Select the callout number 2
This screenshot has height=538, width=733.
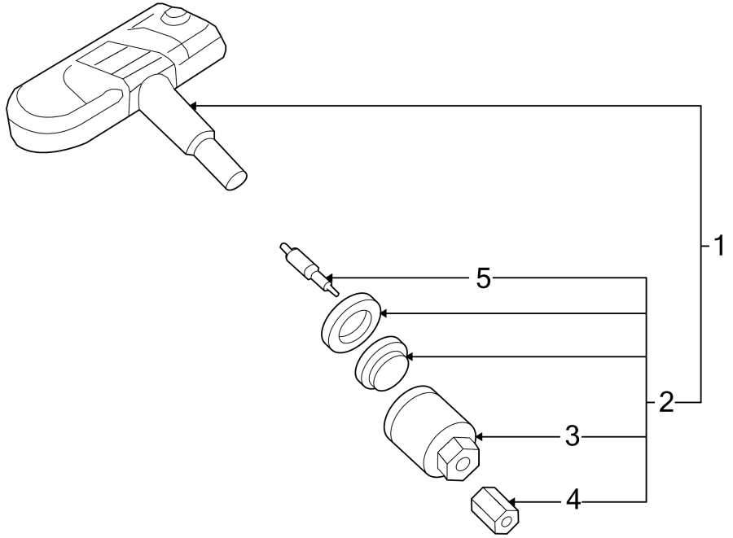point(666,402)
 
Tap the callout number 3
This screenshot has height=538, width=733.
point(573,437)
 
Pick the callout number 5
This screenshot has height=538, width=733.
point(483,280)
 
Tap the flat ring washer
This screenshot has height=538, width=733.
point(350,322)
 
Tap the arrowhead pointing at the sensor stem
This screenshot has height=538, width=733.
point(193,106)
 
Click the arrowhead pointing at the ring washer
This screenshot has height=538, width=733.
point(384,313)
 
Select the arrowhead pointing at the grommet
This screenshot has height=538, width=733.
point(410,356)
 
